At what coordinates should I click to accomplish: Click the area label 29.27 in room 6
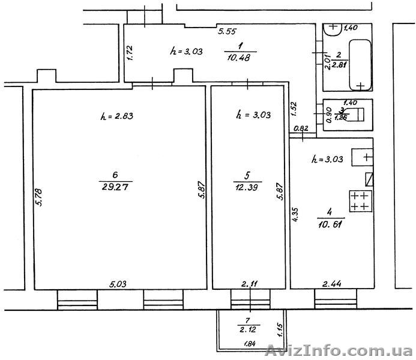tap(115, 187)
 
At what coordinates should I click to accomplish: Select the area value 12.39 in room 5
tap(247, 187)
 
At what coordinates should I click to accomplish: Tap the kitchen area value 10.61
tap(330, 225)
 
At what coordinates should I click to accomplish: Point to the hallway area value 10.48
tap(238, 57)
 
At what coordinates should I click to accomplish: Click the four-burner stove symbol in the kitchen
tap(361, 201)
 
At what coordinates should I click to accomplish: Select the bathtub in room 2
tap(360, 65)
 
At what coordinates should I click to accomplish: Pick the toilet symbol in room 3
tap(356, 114)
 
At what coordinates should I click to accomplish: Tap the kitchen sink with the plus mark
tap(363, 157)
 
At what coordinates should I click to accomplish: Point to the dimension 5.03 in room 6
tap(118, 284)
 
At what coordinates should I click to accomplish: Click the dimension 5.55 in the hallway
tap(227, 31)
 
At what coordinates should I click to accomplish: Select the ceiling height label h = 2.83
tap(116, 116)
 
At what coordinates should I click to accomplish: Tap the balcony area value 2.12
tap(248, 329)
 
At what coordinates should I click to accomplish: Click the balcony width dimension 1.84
tap(249, 344)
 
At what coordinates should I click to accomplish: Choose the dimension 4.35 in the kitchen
tap(296, 214)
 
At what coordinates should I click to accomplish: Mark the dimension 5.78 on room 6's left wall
tap(39, 197)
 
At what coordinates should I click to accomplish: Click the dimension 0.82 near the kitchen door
tap(301, 128)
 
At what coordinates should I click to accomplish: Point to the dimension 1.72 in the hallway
tap(130, 53)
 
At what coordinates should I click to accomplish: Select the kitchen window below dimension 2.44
tap(336, 299)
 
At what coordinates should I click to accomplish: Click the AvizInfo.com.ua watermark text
tap(339, 350)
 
